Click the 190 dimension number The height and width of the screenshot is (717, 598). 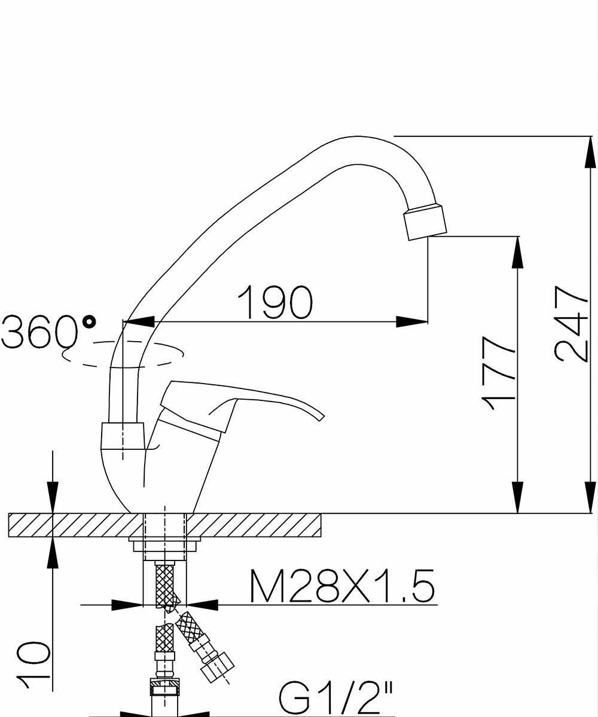275,301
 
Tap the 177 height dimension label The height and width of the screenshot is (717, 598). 498,374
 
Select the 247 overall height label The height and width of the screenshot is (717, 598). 571,324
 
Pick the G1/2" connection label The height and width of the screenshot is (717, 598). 335,697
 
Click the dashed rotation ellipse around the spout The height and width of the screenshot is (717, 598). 123,354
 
